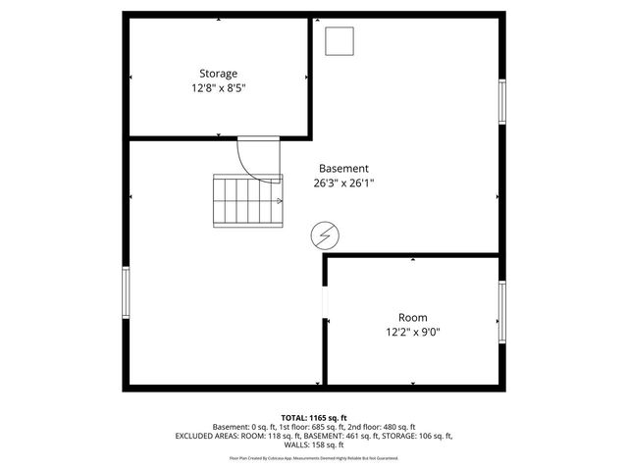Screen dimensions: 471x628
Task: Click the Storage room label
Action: click(x=218, y=74)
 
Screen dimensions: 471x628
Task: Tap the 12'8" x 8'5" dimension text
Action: click(x=218, y=88)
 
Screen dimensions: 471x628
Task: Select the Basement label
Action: click(x=343, y=168)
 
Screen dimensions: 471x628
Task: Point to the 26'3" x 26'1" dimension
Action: click(x=343, y=183)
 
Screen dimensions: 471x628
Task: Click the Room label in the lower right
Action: click(x=412, y=317)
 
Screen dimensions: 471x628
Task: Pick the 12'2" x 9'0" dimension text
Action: click(x=412, y=332)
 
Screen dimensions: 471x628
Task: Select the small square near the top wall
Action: click(x=340, y=41)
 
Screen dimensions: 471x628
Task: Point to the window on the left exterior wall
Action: click(x=125, y=292)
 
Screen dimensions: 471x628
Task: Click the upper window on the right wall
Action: click(x=502, y=102)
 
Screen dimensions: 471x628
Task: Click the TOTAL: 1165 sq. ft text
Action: click(x=313, y=417)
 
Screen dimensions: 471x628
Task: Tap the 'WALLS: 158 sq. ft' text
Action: click(x=313, y=445)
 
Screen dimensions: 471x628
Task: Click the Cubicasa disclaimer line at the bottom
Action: click(x=313, y=458)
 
